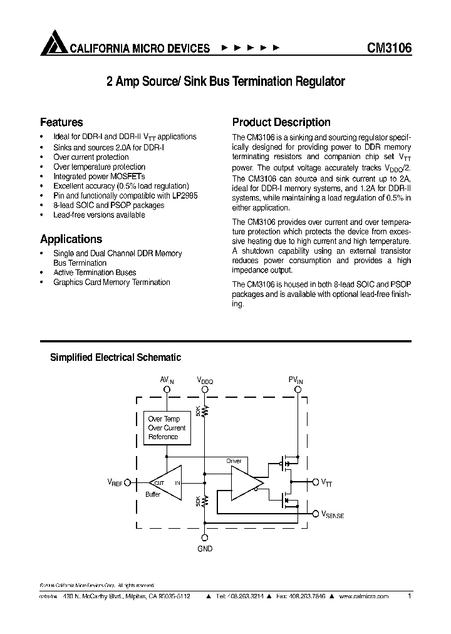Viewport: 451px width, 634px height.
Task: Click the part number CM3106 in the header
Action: coord(388,48)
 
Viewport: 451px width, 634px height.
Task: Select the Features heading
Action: coord(61,122)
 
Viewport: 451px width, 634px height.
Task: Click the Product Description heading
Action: coord(281,122)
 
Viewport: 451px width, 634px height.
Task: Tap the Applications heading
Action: coord(71,239)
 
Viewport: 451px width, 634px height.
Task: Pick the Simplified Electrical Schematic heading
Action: coord(115,357)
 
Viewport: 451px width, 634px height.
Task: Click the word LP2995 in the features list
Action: coord(185,195)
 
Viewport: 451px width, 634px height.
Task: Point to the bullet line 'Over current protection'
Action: coord(91,157)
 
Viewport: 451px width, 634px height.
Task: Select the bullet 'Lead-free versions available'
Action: coord(99,215)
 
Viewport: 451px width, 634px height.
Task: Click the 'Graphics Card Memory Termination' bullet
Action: coord(111,283)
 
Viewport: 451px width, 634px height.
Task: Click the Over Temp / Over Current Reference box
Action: coord(163,428)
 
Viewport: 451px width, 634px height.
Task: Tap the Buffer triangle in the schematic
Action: coord(165,482)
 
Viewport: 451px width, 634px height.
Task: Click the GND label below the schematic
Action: coord(205,549)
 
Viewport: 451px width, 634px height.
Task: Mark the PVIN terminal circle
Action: coord(298,389)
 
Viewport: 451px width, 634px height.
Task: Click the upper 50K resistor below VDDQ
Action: coord(205,411)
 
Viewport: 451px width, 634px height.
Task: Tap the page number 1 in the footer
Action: coord(409,596)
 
